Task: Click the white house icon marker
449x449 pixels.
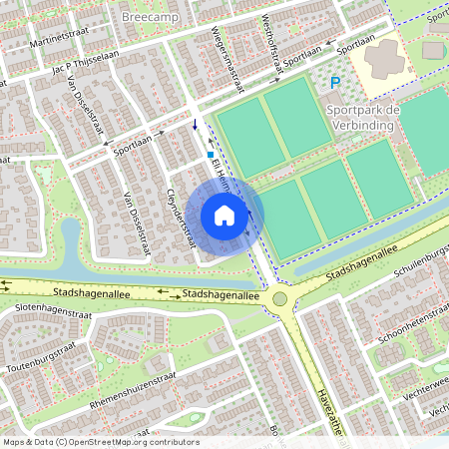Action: (224, 216)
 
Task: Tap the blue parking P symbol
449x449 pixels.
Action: (335, 84)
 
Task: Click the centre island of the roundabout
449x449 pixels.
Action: (279, 297)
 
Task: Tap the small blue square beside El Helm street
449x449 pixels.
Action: (210, 155)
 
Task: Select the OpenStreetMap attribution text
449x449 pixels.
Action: (100, 442)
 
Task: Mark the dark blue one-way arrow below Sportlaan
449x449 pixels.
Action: (194, 125)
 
